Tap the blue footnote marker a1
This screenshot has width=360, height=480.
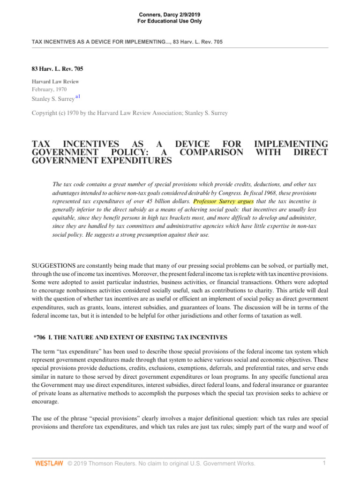coord(78,97)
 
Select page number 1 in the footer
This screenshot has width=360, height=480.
coord(324,463)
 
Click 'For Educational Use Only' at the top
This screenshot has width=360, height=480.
coord(170,22)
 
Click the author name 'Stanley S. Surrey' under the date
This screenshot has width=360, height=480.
coord(52,99)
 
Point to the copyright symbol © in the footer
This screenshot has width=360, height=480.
coord(70,464)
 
